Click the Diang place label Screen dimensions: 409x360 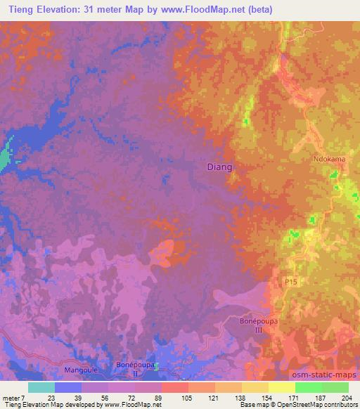220,167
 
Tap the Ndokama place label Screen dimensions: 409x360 329,160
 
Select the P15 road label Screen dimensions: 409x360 290,280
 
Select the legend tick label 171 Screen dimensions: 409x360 295,397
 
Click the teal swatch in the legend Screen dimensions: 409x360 41,387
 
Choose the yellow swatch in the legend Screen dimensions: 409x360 281,387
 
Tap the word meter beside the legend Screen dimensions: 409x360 12,397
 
